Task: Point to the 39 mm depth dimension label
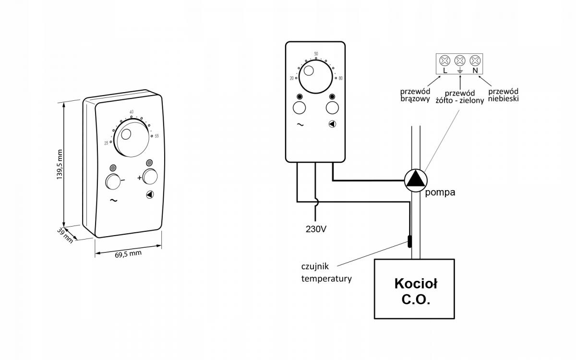tap(65, 235)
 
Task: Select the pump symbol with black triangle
tap(416, 180)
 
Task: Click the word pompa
tap(440, 192)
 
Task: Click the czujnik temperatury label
tap(326, 272)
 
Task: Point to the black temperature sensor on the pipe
tap(409, 242)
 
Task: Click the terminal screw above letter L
tap(445, 60)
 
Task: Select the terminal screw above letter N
tap(475, 60)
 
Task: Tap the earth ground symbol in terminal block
tap(460, 71)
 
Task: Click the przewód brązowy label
tap(415, 95)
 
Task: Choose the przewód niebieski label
tap(503, 95)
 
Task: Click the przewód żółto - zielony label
tap(460, 97)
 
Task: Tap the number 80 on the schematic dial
tap(340, 78)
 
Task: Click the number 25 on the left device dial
tap(106, 144)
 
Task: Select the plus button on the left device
tap(150, 177)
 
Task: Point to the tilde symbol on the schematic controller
tap(300, 125)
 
